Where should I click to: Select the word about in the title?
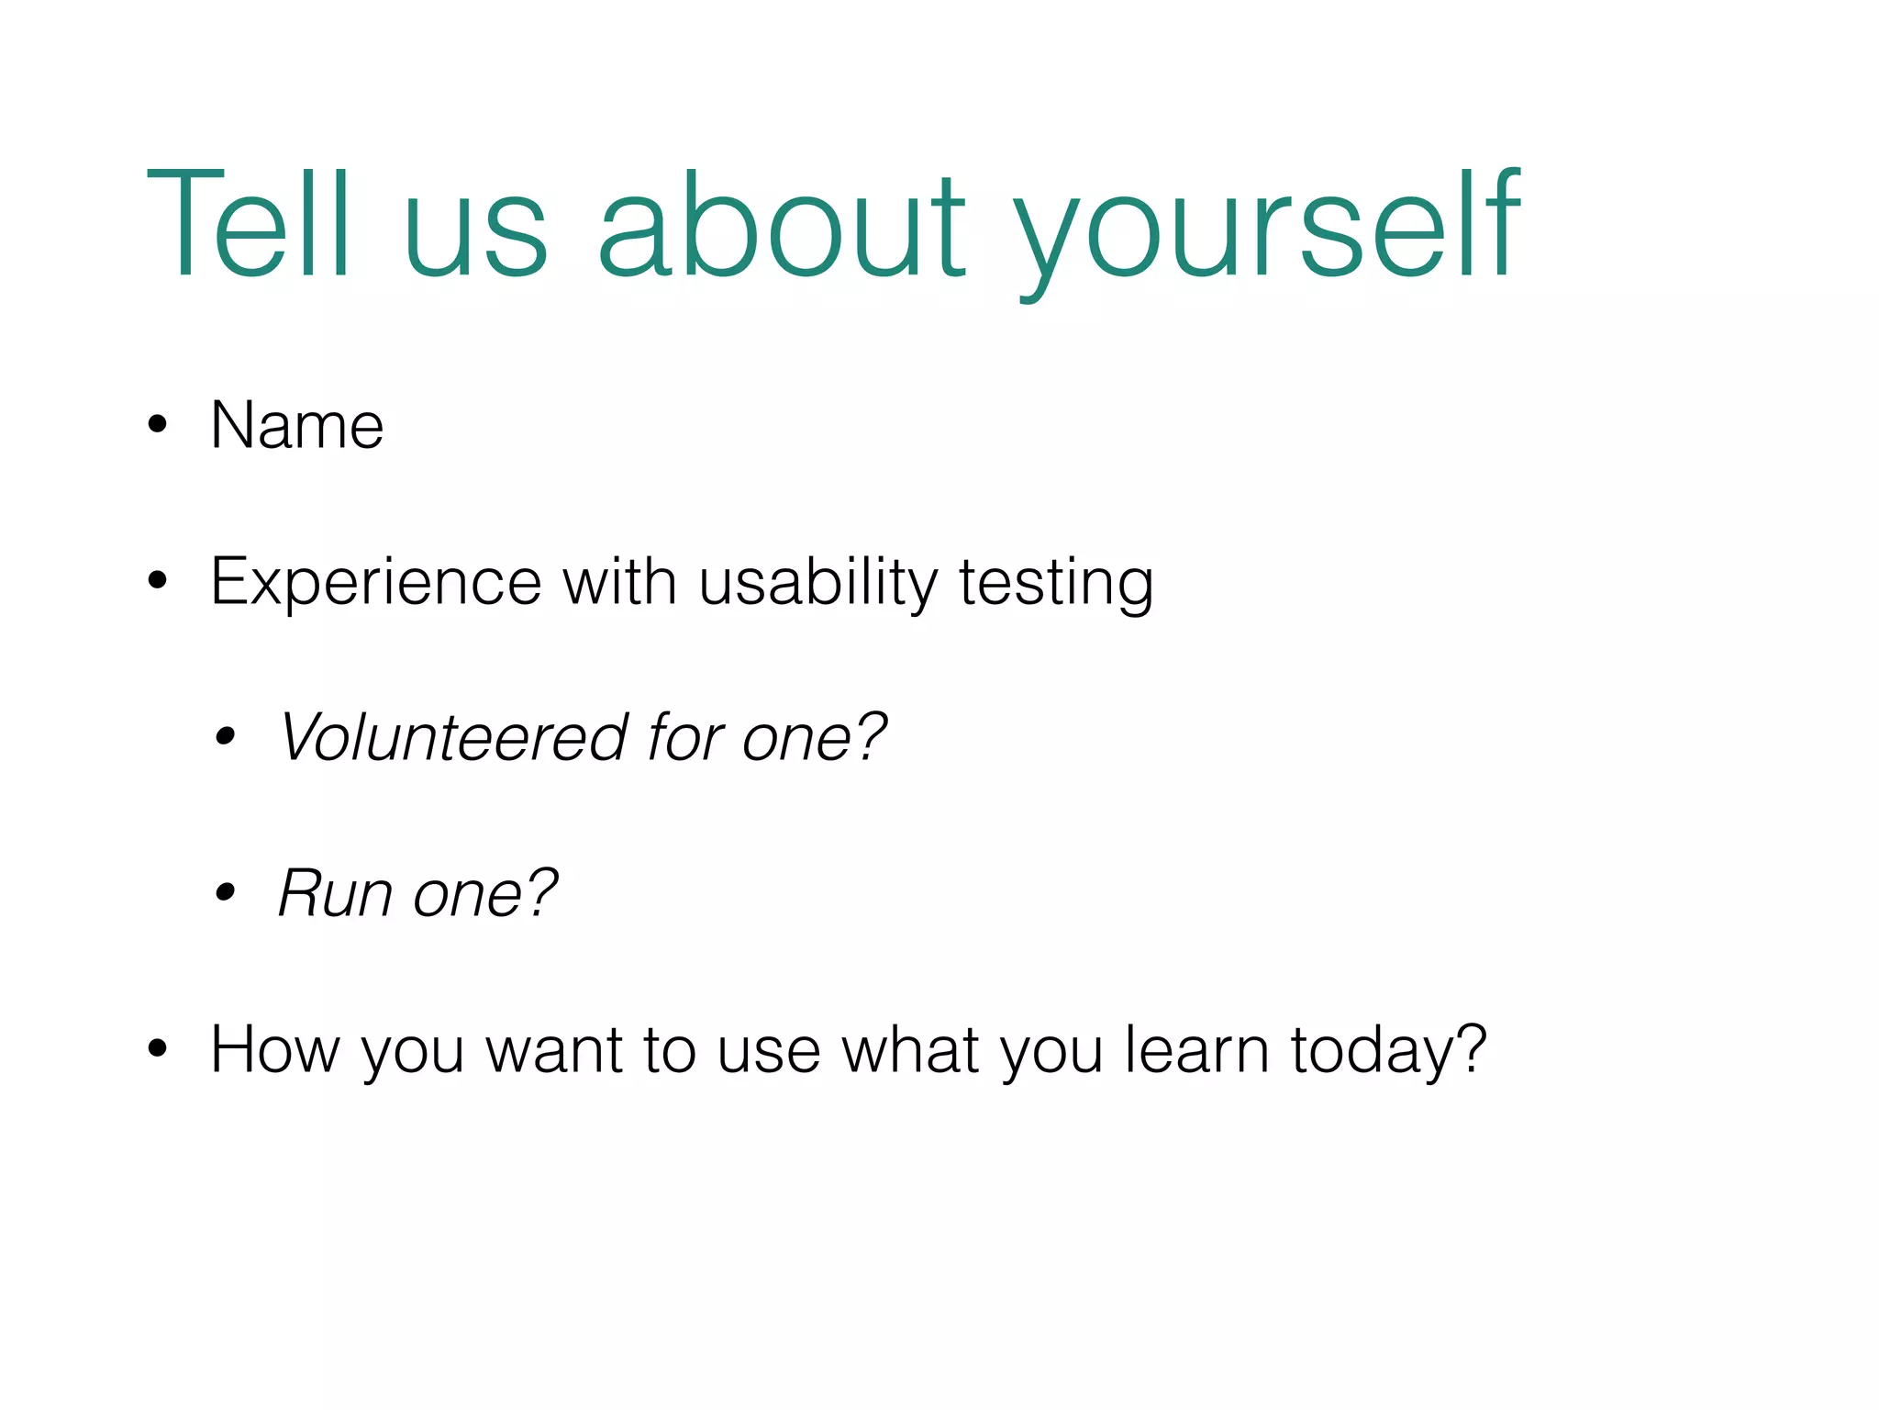point(782,224)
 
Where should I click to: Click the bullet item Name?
point(296,426)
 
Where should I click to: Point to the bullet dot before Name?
point(158,424)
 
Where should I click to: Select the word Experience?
point(376,582)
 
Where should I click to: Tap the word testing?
point(1056,584)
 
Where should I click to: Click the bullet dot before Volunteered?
point(226,735)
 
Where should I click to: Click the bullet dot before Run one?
point(226,891)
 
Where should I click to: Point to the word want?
point(554,1051)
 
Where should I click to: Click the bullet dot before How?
point(158,1048)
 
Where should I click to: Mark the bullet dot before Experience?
point(158,580)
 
